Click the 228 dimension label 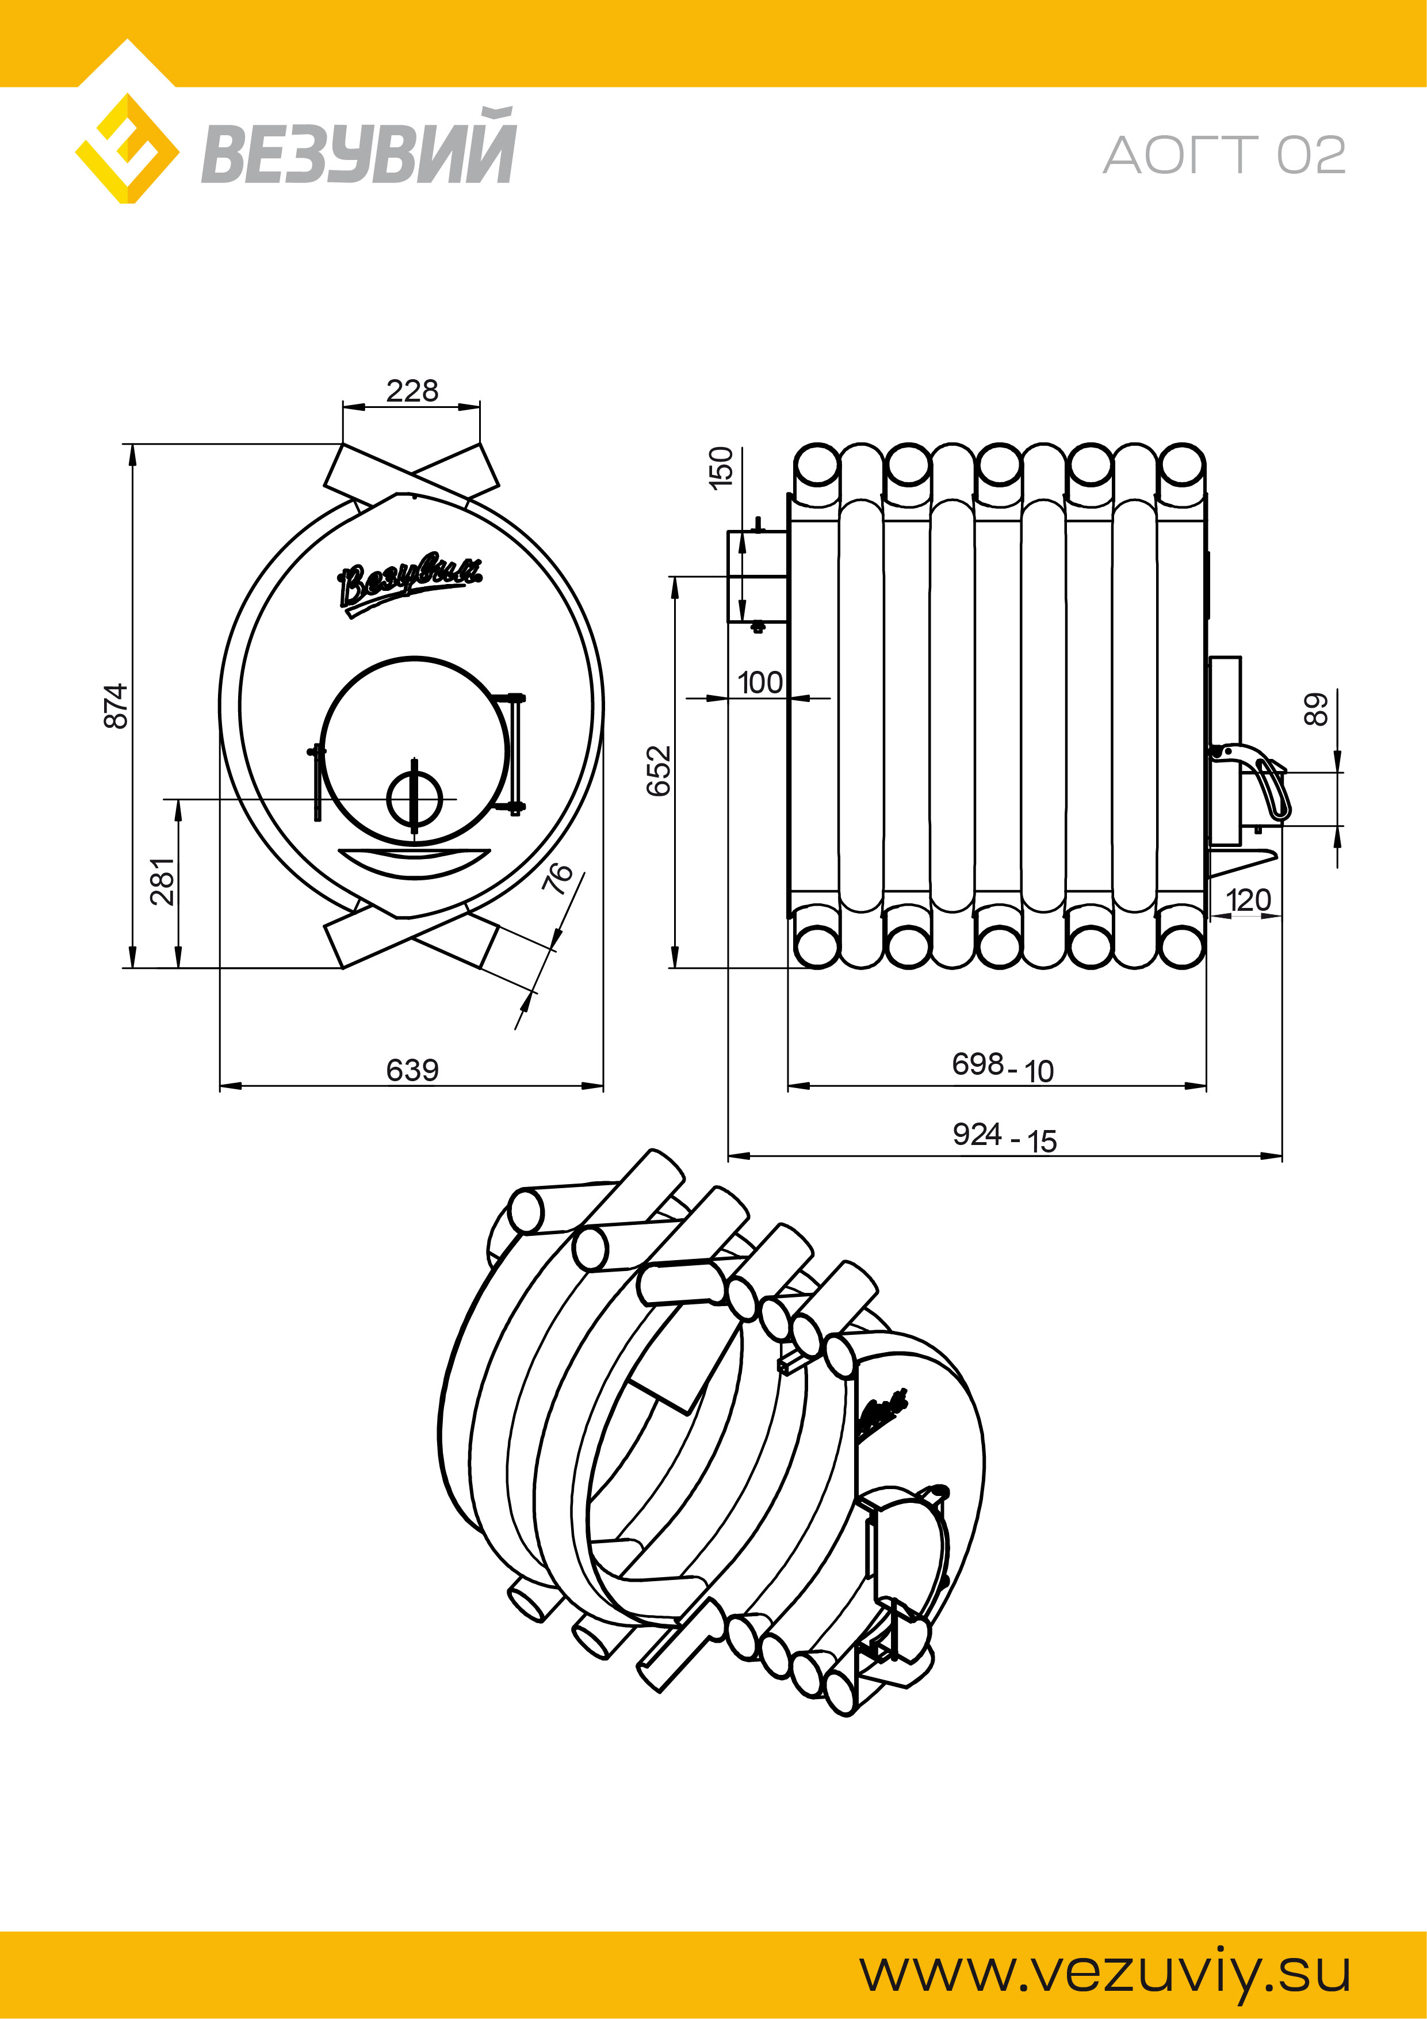(x=411, y=391)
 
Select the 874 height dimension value (x=116, y=705)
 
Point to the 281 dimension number (x=163, y=881)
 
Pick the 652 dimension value (x=659, y=770)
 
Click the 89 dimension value (x=1315, y=709)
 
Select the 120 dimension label (x=1248, y=899)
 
